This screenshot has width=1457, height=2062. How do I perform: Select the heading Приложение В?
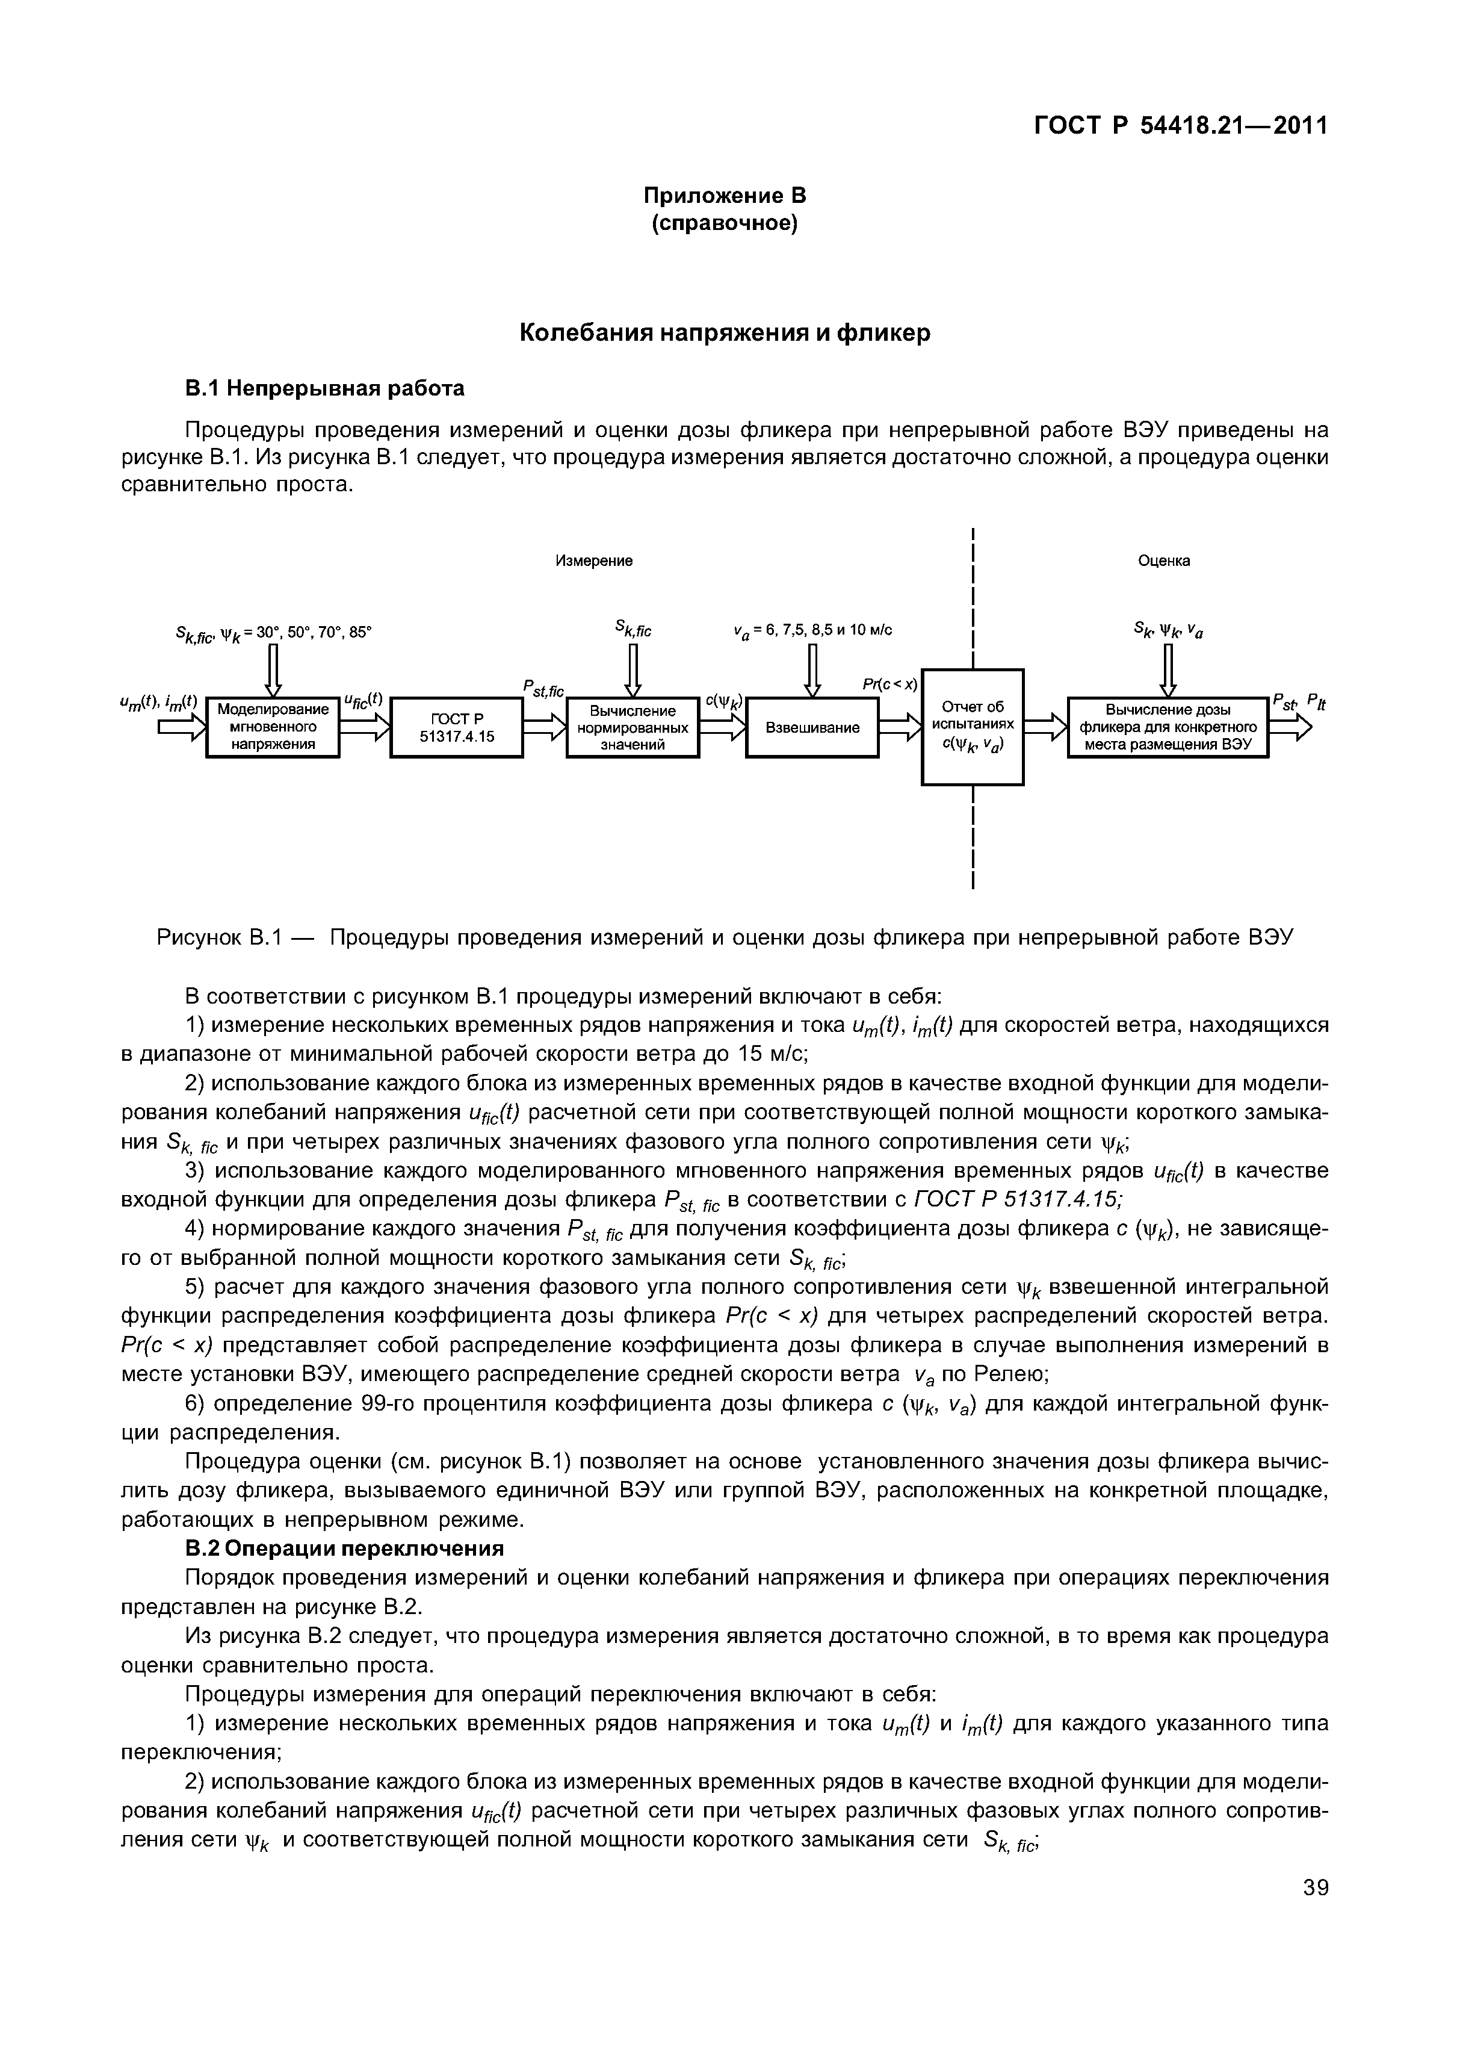coord(725,196)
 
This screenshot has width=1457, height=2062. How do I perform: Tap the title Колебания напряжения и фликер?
coord(725,333)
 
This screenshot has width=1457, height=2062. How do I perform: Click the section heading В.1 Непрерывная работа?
coord(325,388)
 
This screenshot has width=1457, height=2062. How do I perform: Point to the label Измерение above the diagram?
coord(593,561)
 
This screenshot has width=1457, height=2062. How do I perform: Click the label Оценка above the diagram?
coord(1163,561)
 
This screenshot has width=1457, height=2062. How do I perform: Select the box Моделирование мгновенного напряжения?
coord(273,727)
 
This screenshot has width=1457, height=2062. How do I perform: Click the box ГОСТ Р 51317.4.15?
coord(457,727)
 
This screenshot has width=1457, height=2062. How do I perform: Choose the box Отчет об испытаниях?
coord(972,727)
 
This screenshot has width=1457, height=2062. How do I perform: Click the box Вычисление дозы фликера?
coord(1167,727)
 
